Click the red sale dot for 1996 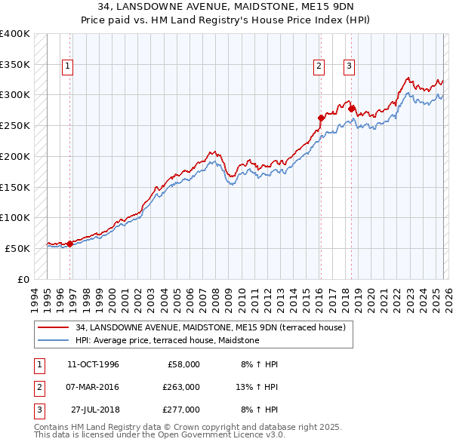tap(70, 243)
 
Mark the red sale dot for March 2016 tap(321, 118)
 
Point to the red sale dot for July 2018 tap(352, 109)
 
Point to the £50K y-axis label tap(18, 248)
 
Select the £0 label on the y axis tap(23, 279)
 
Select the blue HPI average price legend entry tap(167, 340)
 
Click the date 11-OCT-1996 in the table tap(93, 364)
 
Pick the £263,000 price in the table tap(181, 387)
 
